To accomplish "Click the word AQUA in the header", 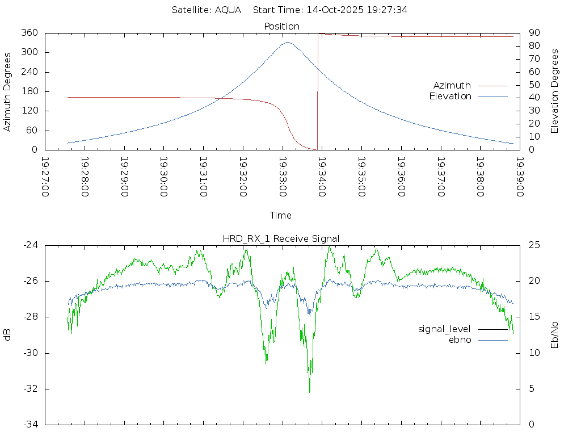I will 228,10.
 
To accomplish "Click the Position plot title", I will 281,26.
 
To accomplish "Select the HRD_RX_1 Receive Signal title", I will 281,238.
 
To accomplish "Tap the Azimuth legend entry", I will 452,85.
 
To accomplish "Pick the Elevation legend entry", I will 450,96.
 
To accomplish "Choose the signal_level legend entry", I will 444,329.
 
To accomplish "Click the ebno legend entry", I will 460,339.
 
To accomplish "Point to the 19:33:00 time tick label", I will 283,177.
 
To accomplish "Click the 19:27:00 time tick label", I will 45,177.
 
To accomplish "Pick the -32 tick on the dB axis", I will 31,389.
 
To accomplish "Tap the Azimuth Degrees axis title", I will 8,91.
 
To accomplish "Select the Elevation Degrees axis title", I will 555,91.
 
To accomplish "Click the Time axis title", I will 281,215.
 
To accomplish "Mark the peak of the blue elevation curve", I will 288,42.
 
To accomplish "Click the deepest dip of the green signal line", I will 309,392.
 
